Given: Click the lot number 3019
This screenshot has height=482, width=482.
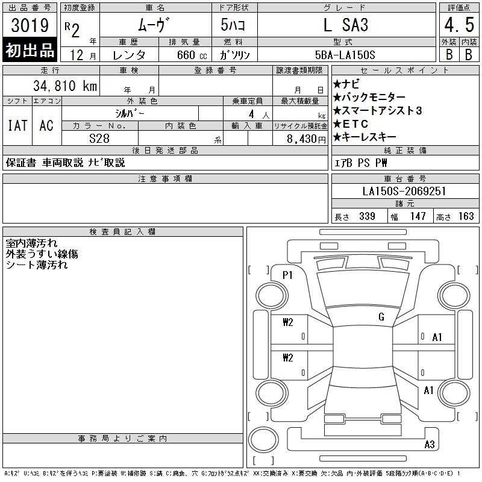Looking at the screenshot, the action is (30, 25).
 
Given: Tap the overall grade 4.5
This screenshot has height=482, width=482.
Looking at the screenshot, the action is (459, 25).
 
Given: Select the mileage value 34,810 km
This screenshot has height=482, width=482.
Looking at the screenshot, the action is (65, 86).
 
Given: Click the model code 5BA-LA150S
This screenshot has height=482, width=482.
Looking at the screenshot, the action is (345, 55).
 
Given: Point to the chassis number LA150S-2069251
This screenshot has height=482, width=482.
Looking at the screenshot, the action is (404, 191).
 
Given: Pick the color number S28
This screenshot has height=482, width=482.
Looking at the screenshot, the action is (99, 139).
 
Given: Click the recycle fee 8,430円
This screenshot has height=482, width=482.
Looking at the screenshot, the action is (306, 139).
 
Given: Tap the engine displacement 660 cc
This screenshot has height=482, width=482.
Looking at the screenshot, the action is (192, 55).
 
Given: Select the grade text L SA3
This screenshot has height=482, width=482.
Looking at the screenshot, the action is (346, 25).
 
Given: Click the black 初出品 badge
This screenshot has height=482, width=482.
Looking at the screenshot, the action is (30, 49).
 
